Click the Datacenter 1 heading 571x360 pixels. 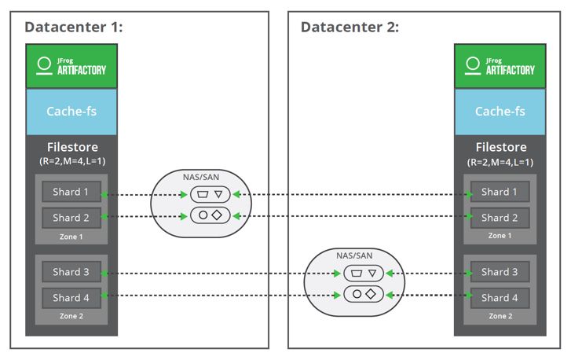(x=74, y=28)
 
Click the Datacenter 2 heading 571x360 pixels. (x=350, y=28)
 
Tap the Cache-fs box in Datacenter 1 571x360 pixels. (x=71, y=112)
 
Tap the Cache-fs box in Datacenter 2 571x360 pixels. (x=500, y=112)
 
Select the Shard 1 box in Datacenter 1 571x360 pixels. (x=71, y=192)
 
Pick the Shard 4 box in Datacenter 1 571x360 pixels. (x=71, y=298)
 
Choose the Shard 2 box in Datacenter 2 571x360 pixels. (x=500, y=218)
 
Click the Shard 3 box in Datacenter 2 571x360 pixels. (x=500, y=272)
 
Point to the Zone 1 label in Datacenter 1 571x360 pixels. (x=71, y=237)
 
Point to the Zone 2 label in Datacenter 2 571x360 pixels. (x=500, y=316)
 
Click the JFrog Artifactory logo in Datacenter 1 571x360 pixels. (x=71, y=66)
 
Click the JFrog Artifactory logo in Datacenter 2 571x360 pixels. (x=500, y=66)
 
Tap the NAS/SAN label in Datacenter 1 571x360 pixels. (x=201, y=177)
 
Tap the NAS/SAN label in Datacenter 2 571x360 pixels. (x=354, y=255)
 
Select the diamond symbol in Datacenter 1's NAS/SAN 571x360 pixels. (x=217, y=215)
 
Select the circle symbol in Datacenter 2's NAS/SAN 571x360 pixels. (x=357, y=294)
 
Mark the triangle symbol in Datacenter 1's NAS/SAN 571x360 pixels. (x=218, y=194)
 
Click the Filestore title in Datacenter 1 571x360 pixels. (x=72, y=147)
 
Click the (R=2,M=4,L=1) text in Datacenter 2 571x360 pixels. (x=500, y=162)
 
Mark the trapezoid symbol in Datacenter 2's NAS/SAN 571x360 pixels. (x=357, y=273)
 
